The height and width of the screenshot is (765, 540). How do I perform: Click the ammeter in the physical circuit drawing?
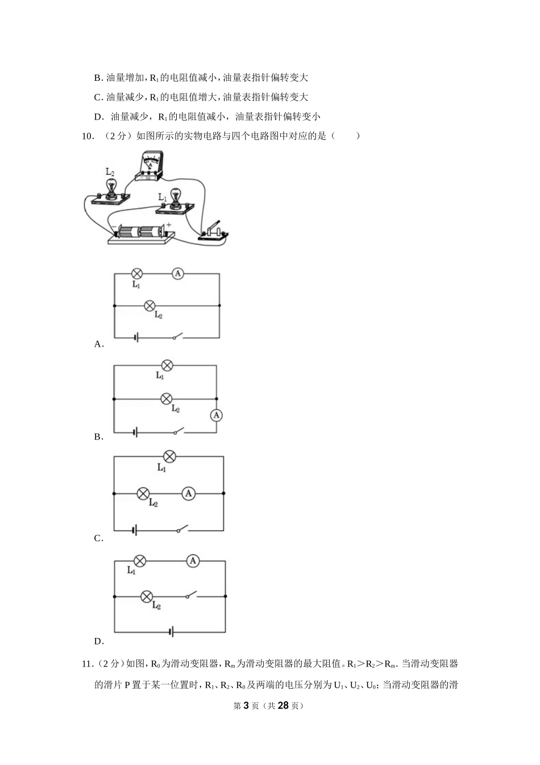(148, 166)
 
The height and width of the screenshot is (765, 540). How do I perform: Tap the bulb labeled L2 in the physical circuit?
(110, 192)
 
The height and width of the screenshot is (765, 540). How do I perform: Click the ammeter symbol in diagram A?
(178, 274)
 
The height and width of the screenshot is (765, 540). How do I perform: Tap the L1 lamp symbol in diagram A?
(137, 274)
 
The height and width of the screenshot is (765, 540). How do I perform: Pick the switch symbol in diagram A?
(178, 336)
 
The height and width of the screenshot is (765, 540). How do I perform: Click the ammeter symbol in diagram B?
(216, 416)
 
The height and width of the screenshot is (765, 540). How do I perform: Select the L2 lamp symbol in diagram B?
(166, 398)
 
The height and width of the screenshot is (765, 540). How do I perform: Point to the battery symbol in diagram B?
(135, 433)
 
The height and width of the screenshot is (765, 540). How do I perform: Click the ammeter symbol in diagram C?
(188, 493)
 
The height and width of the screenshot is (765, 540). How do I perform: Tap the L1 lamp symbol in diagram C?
(169, 456)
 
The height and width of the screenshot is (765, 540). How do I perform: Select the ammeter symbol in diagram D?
(193, 561)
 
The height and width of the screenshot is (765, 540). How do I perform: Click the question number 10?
(88, 136)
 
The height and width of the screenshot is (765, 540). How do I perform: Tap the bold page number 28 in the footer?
(283, 706)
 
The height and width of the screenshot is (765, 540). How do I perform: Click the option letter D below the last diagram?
(98, 641)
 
